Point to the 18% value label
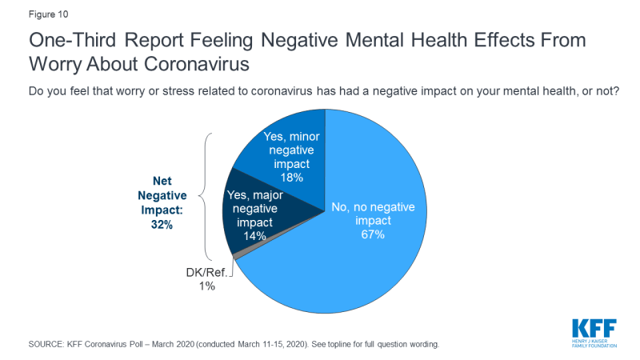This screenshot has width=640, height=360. (x=291, y=177)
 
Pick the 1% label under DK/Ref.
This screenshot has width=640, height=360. (x=207, y=286)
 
